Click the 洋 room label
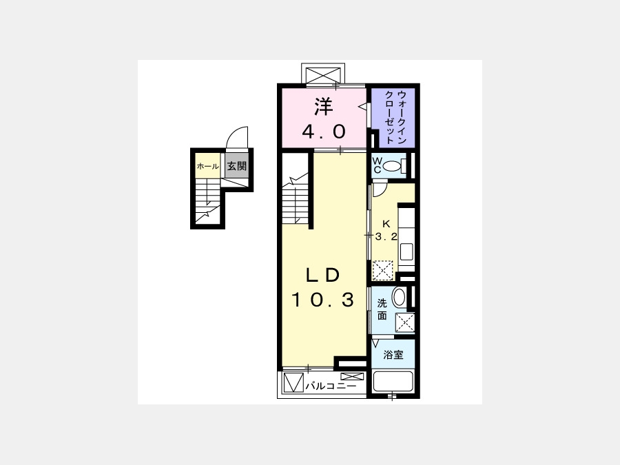coord(324,107)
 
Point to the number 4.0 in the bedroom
coord(324,132)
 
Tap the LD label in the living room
coord(323,275)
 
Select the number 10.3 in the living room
coord(322,300)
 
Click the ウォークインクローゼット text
coord(396,117)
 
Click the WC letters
coord(378,165)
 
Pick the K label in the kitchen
coord(386,224)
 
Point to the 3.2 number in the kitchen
coord(386,237)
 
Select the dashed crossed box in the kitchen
coord(383,271)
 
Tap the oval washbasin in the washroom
coord(400,298)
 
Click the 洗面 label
coord(382,309)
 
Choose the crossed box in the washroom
coord(405,323)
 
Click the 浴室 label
coord(393,355)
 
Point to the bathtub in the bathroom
coord(393,381)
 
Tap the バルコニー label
coord(331,386)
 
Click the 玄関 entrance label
coord(237,166)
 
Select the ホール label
coord(207,167)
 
